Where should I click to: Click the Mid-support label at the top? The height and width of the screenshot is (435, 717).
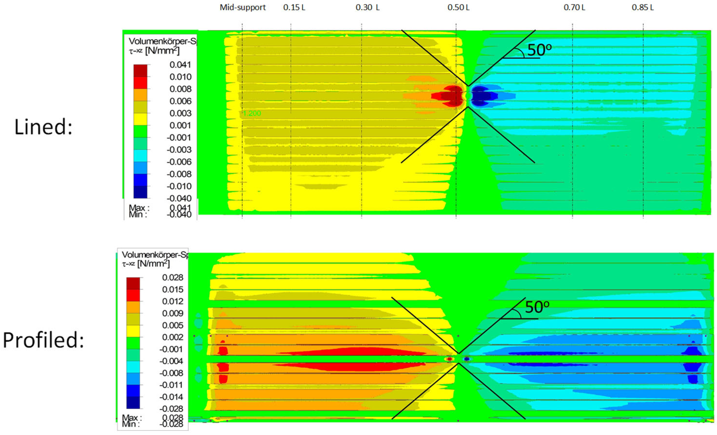pos(242,8)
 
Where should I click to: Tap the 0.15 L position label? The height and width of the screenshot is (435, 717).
pos(294,8)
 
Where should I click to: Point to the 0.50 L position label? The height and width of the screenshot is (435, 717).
pos(458,8)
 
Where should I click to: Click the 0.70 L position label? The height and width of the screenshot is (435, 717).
pos(574,8)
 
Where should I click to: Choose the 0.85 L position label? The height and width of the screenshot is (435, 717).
pos(642,8)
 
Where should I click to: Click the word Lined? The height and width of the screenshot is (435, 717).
pos(43,127)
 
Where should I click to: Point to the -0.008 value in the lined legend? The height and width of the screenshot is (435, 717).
pos(179,174)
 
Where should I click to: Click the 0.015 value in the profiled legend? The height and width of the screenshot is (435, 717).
pos(173,289)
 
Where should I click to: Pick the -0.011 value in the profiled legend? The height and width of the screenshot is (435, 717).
pos(171,385)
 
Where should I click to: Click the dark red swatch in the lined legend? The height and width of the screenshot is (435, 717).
pos(140,71)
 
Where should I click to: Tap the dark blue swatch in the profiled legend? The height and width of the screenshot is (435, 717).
pos(133,402)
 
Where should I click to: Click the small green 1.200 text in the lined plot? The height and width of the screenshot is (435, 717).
pos(252,113)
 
